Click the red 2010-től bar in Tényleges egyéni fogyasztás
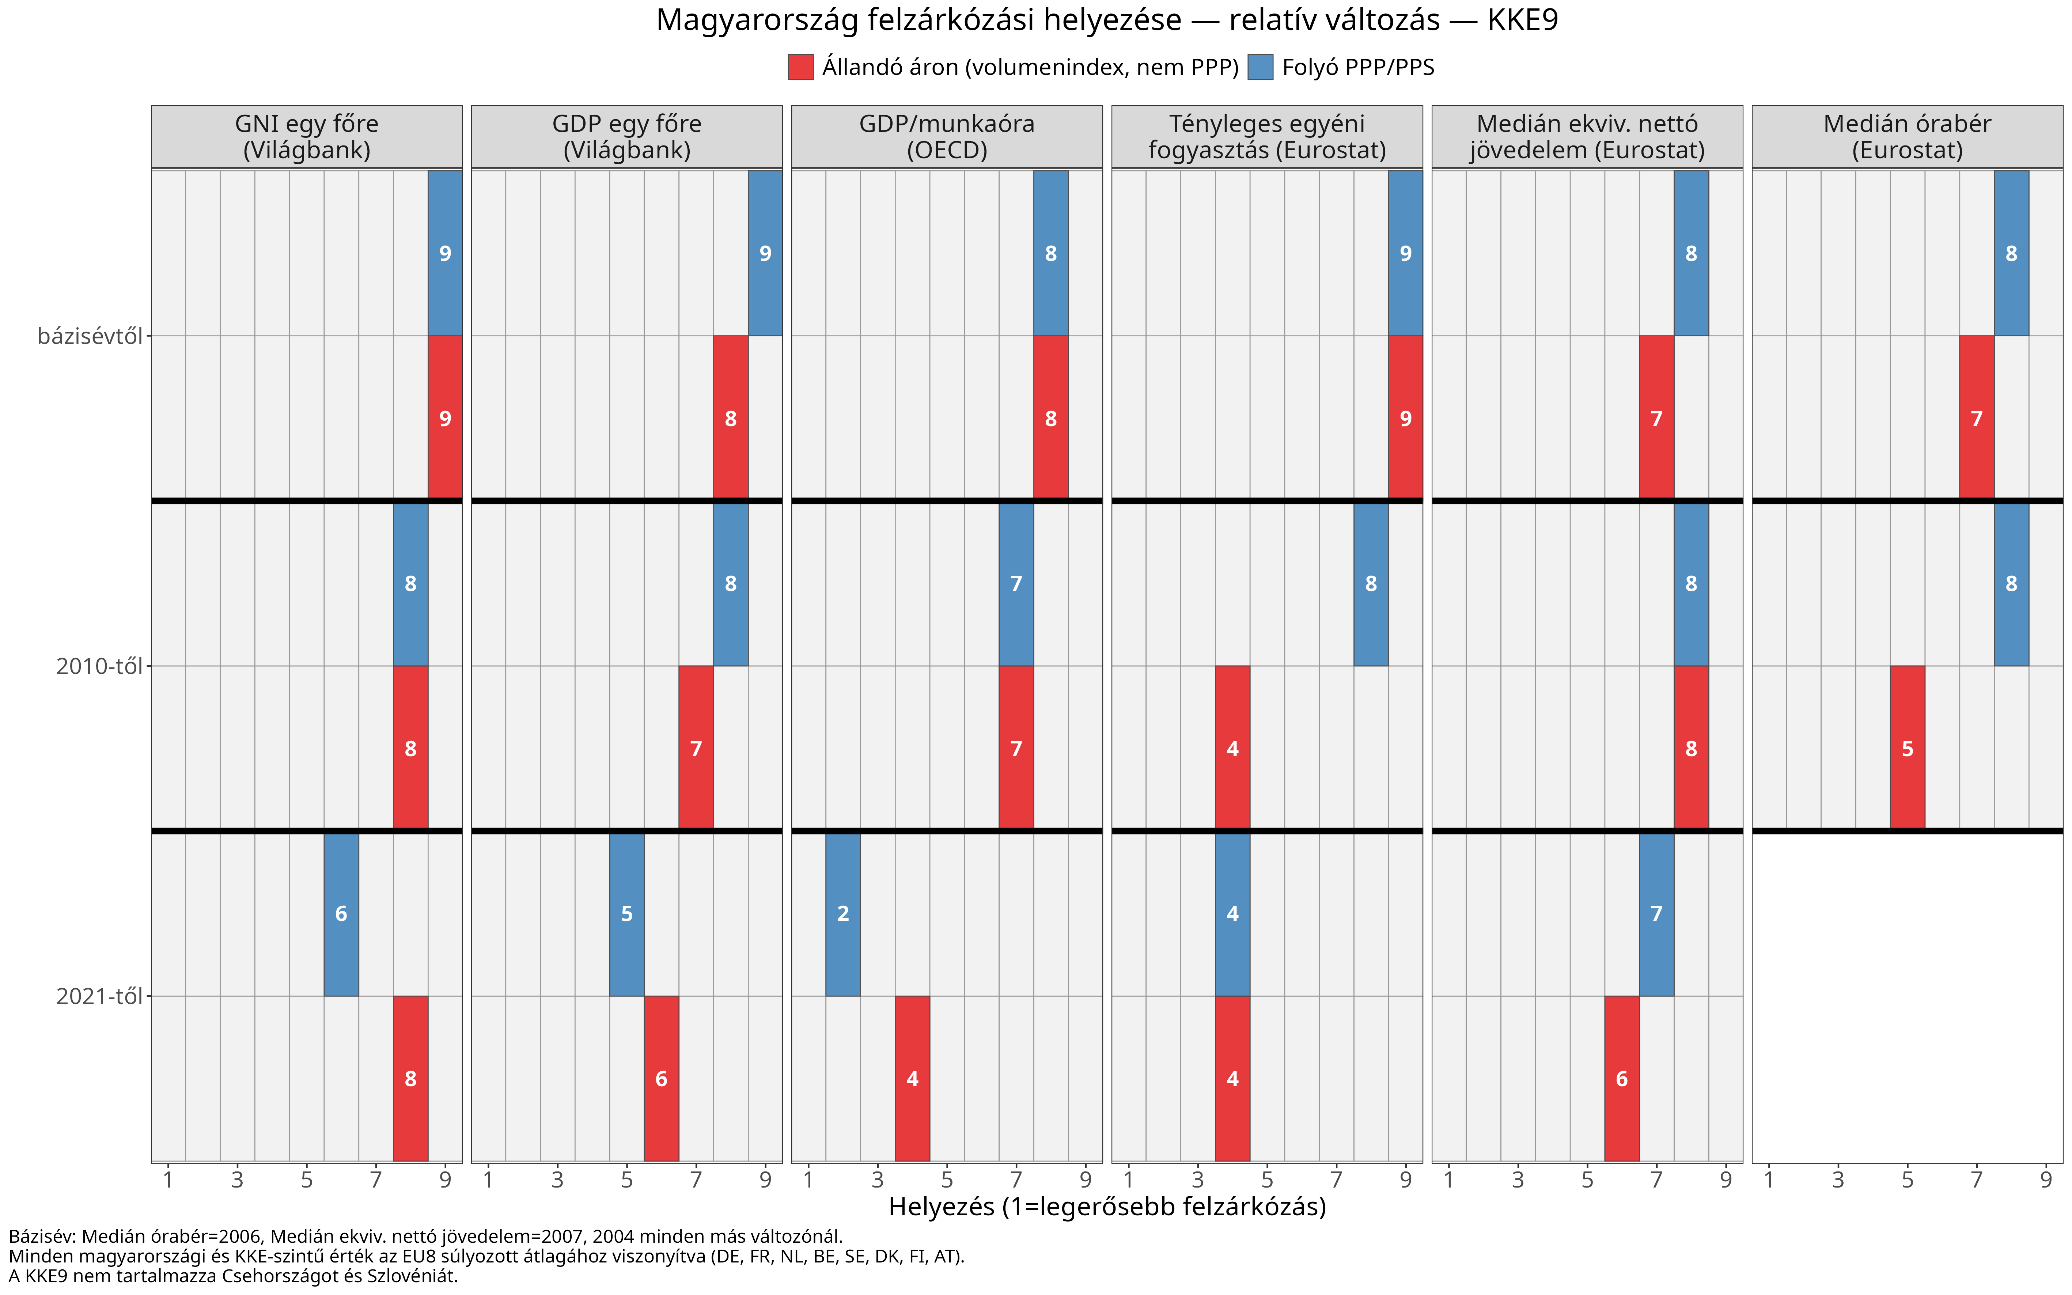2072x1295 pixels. click(x=1232, y=748)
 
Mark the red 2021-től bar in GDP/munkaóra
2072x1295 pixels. click(x=912, y=1078)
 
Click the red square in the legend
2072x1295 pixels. click(x=800, y=67)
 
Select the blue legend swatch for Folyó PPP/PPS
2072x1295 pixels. click(x=1260, y=67)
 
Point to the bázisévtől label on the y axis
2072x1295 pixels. click(x=90, y=336)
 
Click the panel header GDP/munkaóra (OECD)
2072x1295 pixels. click(x=947, y=137)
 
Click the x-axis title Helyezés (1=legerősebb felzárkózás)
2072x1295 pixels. click(x=1107, y=1207)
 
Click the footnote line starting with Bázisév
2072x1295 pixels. click(x=425, y=1237)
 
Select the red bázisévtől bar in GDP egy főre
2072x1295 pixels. click(x=730, y=418)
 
